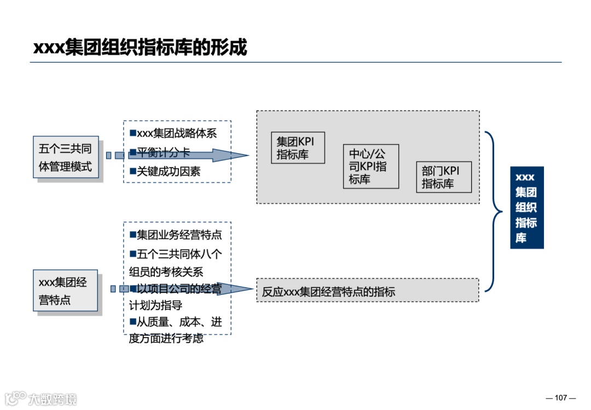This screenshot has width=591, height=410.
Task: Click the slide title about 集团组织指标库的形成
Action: click(140, 47)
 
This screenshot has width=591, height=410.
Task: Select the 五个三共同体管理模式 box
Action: click(66, 157)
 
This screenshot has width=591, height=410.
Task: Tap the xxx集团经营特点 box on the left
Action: click(65, 291)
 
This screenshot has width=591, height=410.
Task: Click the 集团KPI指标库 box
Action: click(298, 148)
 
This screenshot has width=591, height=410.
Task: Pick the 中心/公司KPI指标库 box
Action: click(370, 167)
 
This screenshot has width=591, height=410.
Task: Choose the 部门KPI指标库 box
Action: click(443, 177)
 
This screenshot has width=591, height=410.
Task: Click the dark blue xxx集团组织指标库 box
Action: click(526, 208)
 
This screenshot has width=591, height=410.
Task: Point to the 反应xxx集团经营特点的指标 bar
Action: click(367, 292)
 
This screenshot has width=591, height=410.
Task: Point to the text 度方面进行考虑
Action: click(166, 338)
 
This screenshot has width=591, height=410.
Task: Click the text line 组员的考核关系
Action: click(166, 272)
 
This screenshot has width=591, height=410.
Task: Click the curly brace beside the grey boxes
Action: click(494, 210)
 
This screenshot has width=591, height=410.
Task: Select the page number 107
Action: click(561, 397)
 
